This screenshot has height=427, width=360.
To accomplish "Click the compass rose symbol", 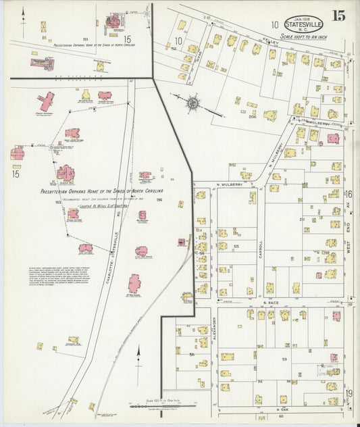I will pos(192,103).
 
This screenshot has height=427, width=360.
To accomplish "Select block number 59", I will pos(284,359).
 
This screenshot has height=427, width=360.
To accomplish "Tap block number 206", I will pos(233,116).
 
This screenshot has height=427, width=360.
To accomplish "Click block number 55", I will pos(236,247).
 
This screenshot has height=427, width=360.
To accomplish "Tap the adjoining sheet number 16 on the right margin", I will pos(350,195).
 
